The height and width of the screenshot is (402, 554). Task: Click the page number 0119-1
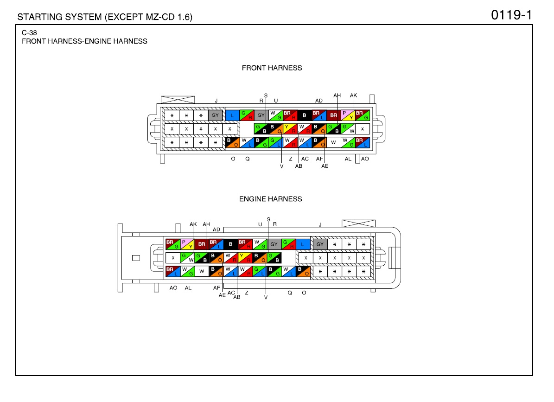(511, 15)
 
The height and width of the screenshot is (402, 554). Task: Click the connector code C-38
(29, 33)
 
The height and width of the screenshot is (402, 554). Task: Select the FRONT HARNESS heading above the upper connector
(272, 68)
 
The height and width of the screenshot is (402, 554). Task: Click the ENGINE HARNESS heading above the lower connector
(271, 199)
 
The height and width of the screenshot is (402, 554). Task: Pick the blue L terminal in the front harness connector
(232, 115)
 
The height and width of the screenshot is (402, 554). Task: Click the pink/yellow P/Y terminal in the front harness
(348, 115)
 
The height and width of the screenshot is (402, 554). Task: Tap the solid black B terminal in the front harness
(304, 115)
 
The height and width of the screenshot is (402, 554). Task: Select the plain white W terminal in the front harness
(333, 142)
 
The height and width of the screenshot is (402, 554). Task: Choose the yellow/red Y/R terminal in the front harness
(290, 129)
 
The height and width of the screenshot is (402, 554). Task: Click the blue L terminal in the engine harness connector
(303, 244)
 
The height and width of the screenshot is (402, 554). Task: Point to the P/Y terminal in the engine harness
(187, 244)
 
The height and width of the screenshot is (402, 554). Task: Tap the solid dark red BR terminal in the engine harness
(201, 244)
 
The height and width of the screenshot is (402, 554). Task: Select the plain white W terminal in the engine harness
(201, 271)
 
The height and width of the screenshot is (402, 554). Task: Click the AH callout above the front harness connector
(337, 96)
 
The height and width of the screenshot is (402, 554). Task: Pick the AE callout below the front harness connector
(325, 166)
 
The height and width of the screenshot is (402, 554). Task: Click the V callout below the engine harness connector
(266, 297)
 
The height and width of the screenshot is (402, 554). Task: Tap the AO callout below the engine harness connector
(173, 288)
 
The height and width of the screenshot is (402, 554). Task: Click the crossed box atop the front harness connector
(178, 100)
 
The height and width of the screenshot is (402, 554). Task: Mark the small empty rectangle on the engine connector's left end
(136, 258)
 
